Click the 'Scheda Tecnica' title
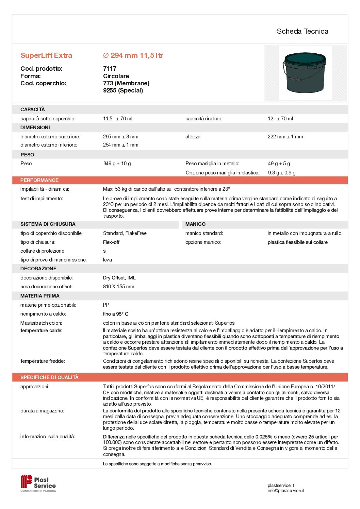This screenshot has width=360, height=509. point(302,31)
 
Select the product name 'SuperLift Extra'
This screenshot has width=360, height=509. point(46,55)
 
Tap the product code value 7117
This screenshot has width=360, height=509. point(110,69)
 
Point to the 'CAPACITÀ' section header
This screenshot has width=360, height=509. point(33,109)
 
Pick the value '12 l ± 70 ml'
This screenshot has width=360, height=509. point(280,119)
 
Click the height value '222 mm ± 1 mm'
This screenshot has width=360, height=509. point(285,137)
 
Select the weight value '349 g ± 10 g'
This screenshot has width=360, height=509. point(117,164)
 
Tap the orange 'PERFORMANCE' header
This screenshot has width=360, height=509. point(39,180)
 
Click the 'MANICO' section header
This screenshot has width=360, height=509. point(195,224)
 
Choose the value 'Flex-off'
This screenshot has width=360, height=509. point(111,242)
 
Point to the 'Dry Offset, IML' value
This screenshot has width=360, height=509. point(119,278)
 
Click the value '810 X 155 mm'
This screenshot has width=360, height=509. point(119,287)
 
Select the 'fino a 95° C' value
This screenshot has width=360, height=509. point(116,314)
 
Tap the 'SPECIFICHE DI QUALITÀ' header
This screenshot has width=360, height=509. point(49,377)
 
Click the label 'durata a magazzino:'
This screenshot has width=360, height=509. point(42,411)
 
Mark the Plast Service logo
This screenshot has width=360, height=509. point(38,483)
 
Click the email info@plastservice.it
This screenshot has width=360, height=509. point(286,490)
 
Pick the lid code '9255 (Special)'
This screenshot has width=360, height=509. point(123,90)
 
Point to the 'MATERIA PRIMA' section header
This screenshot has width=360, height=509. point(40,296)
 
